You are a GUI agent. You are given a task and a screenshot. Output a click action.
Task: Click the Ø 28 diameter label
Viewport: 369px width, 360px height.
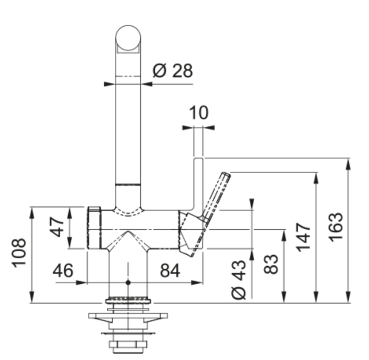pos(172,70)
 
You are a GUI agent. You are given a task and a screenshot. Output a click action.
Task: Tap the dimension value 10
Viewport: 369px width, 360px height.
pos(199,113)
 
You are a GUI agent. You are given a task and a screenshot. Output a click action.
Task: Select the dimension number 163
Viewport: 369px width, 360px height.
pos(335,227)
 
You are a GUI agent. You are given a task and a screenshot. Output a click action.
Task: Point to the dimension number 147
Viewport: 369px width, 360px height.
pos(303,237)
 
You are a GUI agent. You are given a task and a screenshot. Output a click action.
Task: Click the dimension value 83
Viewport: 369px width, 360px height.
pos(271,264)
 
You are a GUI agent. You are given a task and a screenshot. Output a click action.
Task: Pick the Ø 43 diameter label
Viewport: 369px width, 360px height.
pos(239,279)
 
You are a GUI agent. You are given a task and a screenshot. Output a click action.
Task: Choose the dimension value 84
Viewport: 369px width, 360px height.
pos(170,270)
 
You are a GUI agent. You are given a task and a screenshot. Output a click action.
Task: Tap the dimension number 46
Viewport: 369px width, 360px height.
pos(63,270)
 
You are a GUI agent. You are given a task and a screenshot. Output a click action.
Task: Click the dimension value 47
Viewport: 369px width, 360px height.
pos(57,227)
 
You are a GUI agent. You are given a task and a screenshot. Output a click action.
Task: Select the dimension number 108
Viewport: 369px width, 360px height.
pos(19,253)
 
